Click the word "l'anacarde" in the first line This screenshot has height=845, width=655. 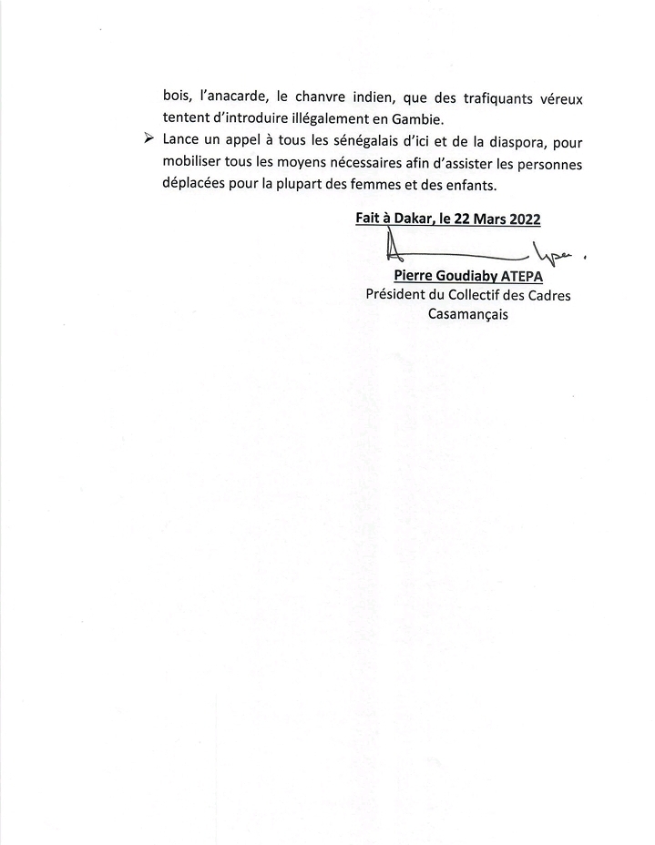(229, 98)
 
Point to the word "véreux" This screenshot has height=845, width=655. (558, 98)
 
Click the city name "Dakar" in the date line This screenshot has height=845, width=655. (407, 219)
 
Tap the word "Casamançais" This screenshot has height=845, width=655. (468, 314)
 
